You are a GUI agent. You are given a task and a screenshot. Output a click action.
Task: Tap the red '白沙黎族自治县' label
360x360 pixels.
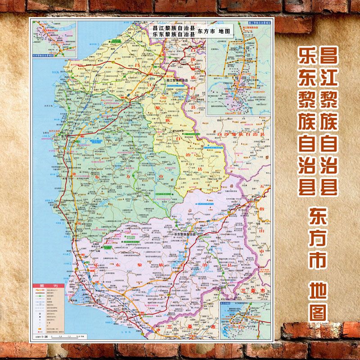pos(238,134)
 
